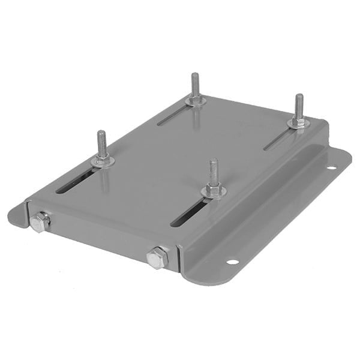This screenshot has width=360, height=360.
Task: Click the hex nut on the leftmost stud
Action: [x=103, y=160]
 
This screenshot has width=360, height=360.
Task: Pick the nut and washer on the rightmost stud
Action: [x=298, y=123]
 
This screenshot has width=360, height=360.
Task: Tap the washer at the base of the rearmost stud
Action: [x=196, y=101]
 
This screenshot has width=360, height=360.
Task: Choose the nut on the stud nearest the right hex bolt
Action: [x=213, y=191]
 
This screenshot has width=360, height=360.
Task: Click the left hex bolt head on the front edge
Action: [x=40, y=222]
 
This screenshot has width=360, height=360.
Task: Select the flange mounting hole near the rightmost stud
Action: [x=331, y=167]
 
